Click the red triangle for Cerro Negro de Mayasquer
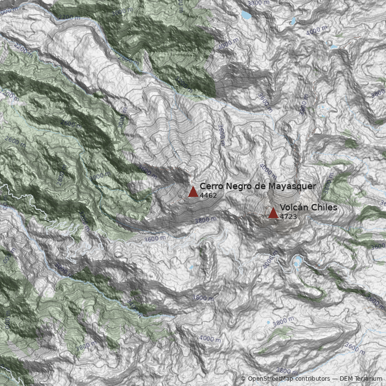[x=193, y=192]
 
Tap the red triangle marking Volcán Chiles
[x=273, y=213]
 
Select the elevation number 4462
[x=208, y=196]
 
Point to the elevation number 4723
[x=288, y=217]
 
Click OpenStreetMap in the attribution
[x=270, y=379]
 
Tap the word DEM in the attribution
[x=346, y=379]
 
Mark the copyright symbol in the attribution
[x=243, y=379]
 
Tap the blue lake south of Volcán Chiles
[x=297, y=262]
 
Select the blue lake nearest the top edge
[x=247, y=15]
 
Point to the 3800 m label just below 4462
[x=205, y=220]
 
